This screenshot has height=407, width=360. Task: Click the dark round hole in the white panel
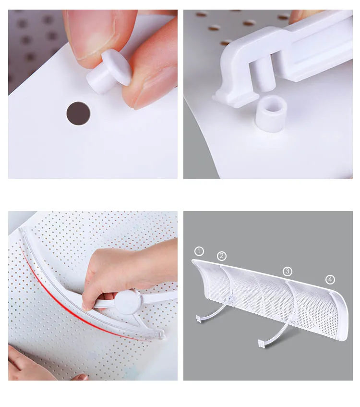[x=78, y=114]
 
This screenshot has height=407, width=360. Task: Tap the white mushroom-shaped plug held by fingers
[x=109, y=72]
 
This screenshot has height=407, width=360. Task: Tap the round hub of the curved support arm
[x=128, y=302]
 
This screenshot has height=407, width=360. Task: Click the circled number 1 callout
[x=199, y=251]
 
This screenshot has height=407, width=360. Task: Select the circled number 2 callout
[x=221, y=256]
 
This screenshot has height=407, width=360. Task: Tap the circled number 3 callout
[x=287, y=271]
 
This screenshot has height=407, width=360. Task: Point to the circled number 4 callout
[x=330, y=280]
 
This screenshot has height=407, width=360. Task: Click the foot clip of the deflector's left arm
[x=199, y=319]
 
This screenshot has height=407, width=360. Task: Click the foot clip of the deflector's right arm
[x=261, y=344]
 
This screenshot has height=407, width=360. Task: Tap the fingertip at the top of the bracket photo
[x=298, y=16]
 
